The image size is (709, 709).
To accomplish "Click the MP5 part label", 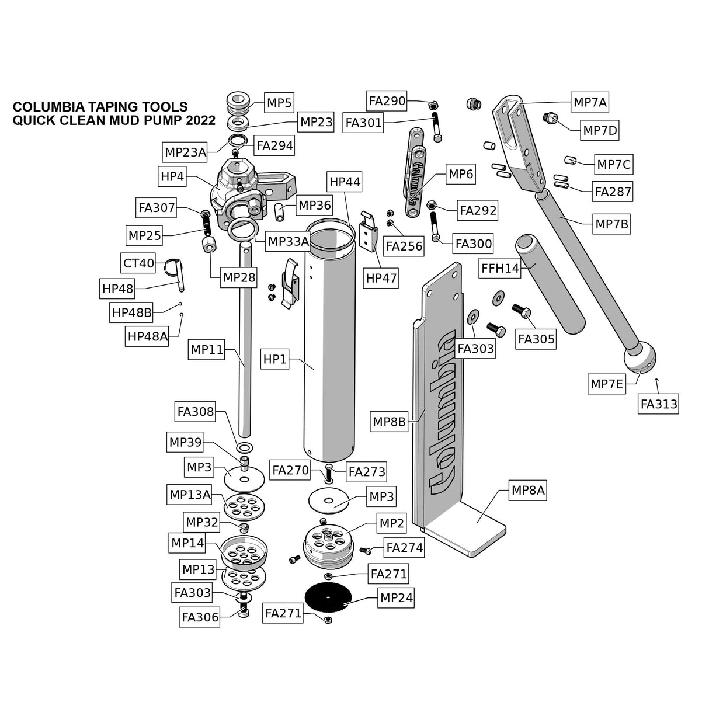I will pos(279,103).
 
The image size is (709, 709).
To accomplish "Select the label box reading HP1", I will pos(274,359).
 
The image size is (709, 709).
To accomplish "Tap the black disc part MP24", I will pos(328,597).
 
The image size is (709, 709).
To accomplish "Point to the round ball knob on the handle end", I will pos(640,357).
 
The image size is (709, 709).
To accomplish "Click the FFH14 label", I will pos(500,269).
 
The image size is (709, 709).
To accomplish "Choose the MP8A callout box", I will pos(527,491).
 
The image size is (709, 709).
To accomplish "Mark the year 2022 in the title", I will pos(201,121).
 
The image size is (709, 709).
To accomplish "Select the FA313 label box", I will pos(659,404).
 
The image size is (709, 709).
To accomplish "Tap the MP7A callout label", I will pos(590,103).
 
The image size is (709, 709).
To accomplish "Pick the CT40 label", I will pos(138,263).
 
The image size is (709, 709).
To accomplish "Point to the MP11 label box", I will pos(207,350).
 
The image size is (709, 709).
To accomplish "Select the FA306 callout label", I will pos(200,617).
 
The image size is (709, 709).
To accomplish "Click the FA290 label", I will pos(387,101).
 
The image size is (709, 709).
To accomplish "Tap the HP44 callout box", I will pos(345,182).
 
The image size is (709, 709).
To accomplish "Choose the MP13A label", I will pos(190,495).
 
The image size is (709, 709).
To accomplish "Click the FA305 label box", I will pos(536,339).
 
